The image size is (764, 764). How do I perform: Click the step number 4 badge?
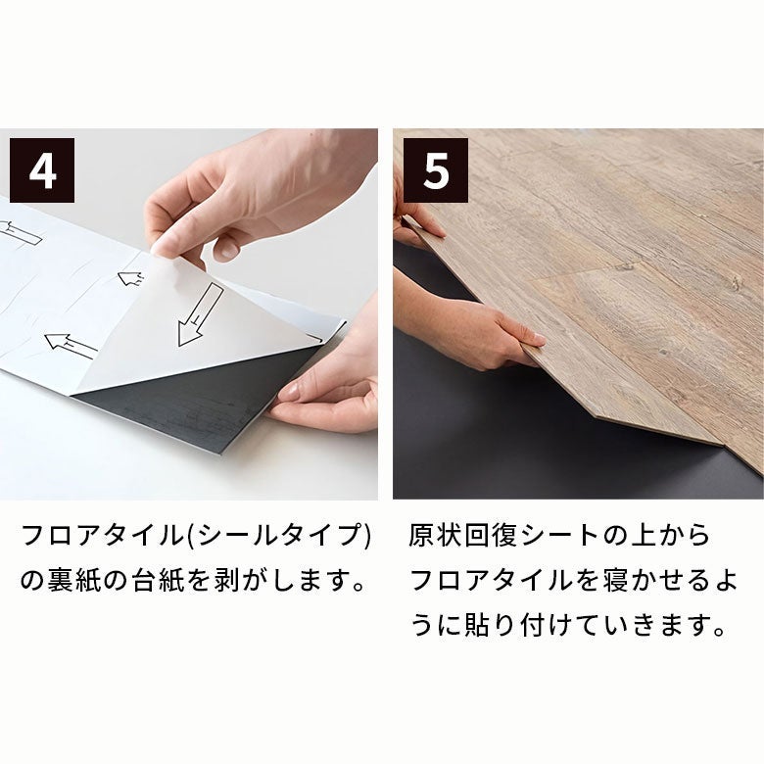click(42, 170)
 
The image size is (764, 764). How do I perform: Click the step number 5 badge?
click(436, 170)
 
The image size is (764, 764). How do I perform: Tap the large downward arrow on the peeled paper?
click(199, 314)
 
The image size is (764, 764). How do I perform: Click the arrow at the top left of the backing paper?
click(21, 233)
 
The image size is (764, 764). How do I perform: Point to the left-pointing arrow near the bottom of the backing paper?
click(71, 346)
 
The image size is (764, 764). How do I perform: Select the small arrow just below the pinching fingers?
click(130, 278)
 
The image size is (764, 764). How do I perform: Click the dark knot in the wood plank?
click(735, 282)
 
